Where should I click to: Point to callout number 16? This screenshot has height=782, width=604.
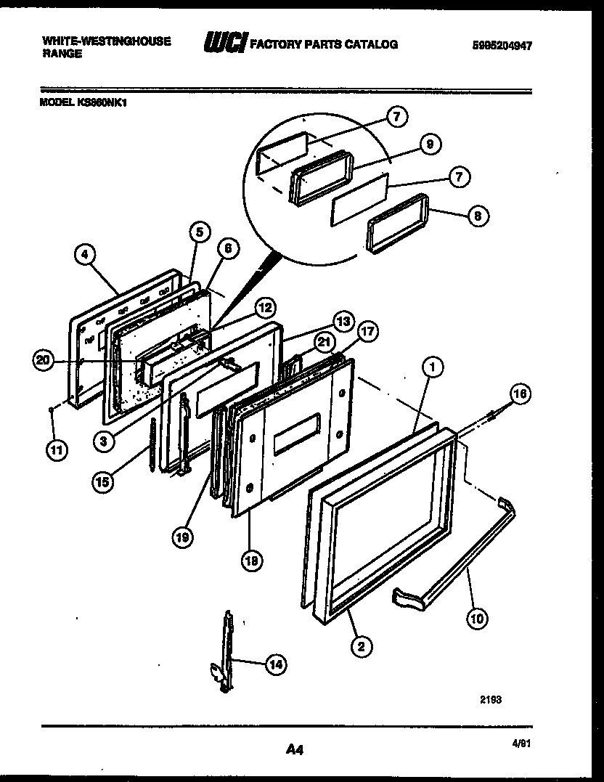[x=520, y=394]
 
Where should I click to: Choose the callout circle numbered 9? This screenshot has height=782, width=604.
[x=430, y=144]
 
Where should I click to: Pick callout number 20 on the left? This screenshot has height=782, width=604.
[x=43, y=360]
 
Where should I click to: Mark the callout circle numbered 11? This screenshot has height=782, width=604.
[x=57, y=450]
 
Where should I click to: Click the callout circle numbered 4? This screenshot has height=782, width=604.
[x=85, y=255]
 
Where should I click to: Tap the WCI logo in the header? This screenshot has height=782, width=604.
[x=225, y=44]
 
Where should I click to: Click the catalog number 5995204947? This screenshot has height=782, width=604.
[x=501, y=45]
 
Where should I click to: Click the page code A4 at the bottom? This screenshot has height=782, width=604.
[x=295, y=750]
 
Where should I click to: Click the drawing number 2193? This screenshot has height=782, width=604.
[x=491, y=700]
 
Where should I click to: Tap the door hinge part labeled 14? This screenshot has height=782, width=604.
[x=228, y=650]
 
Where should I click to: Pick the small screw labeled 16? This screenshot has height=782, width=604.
[x=493, y=415]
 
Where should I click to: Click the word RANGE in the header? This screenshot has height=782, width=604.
[x=62, y=54]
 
